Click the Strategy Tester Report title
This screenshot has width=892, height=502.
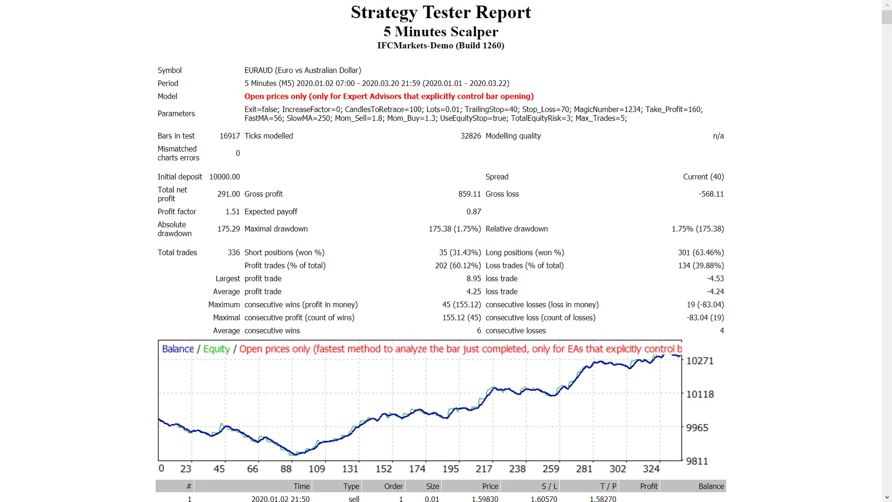[440, 13]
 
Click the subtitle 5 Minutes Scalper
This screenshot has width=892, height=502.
[440, 32]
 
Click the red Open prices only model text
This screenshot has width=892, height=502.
[389, 96]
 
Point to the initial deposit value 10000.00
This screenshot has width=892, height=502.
[224, 177]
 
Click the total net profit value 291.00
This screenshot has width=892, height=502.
[229, 194]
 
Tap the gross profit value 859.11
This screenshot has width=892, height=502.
[469, 194]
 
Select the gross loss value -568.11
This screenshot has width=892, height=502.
[711, 194]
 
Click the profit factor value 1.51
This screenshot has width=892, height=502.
[232, 211]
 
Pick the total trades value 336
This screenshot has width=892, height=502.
[234, 252]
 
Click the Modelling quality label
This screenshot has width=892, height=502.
[513, 136]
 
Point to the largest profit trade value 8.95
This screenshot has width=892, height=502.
[473, 278]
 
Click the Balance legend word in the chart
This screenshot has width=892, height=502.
[177, 349]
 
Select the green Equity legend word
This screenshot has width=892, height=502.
[216, 349]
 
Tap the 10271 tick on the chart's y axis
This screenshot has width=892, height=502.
[700, 361]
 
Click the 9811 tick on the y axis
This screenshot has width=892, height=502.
[697, 461]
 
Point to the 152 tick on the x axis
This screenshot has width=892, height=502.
[384, 469]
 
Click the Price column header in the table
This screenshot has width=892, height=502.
[490, 486]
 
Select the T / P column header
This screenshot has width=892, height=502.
[608, 486]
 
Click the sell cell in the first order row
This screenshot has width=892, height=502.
[354, 499]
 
